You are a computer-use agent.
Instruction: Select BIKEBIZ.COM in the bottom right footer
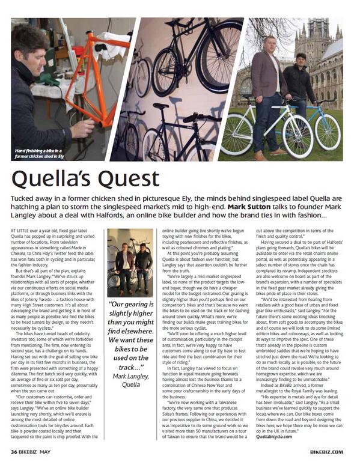328,452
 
